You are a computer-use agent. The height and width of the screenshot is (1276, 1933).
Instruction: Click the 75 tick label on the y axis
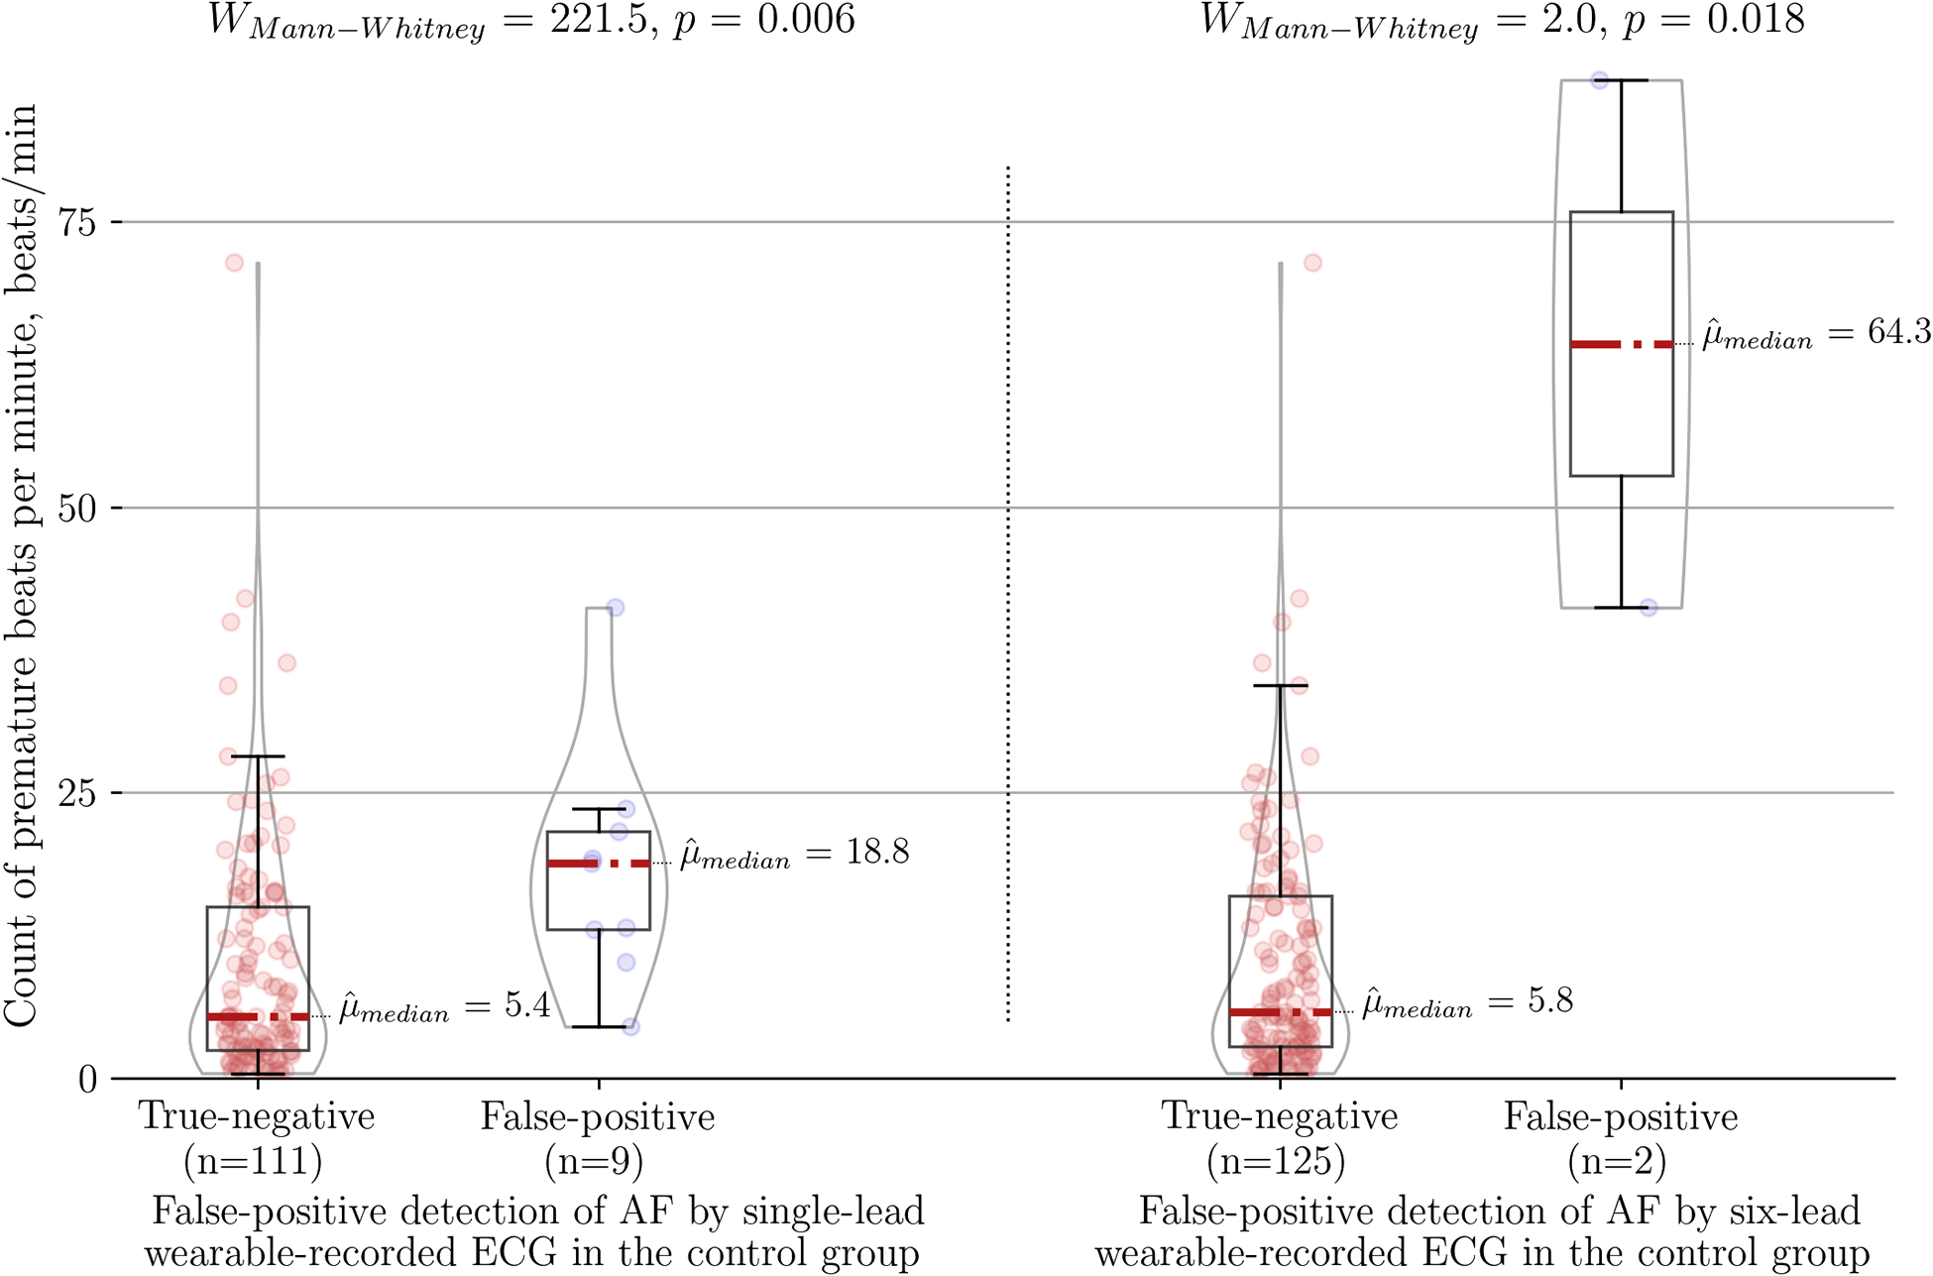75,223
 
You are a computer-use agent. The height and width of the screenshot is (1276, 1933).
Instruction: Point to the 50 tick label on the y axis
75,509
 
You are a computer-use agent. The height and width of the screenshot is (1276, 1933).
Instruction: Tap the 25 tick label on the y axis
75,794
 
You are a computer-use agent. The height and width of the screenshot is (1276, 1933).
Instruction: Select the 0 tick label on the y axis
87,1080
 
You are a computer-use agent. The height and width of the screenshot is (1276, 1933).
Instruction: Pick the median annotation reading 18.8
794,854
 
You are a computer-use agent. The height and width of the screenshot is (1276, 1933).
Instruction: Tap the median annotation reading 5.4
445,1007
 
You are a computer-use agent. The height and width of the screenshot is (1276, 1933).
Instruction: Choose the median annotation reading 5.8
1467,1002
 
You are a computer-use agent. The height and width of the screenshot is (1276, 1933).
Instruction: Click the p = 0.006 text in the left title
763,20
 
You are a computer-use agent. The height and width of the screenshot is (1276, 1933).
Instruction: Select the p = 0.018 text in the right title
1713,20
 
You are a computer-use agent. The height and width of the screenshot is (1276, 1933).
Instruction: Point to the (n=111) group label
254,1161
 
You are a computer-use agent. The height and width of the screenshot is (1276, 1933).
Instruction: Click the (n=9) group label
595,1161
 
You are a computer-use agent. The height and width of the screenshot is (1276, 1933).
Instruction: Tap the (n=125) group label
1277,1161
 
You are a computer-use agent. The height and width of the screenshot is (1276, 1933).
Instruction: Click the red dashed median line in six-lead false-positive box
1622,344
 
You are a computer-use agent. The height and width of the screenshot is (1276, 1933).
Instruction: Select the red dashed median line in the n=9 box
599,864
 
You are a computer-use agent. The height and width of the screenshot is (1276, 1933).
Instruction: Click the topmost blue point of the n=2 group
1599,80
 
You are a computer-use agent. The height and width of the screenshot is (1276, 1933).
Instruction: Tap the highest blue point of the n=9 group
615,608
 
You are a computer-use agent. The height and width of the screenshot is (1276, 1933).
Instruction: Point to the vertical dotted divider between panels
1008,595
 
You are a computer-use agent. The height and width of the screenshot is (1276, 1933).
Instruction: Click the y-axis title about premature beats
22,565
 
